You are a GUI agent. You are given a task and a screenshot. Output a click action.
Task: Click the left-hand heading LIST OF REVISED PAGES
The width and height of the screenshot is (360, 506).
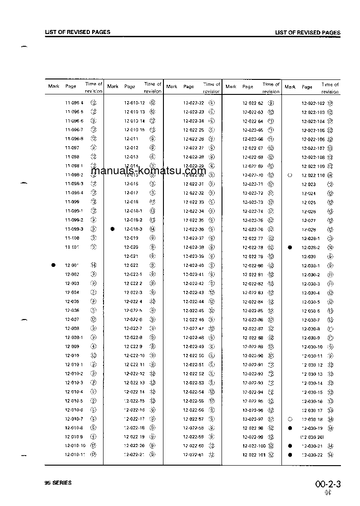tap(78, 32)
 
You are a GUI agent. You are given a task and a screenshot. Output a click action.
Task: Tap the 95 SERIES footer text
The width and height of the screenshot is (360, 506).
tap(58, 483)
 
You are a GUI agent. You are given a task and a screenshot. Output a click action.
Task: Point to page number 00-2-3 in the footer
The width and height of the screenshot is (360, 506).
tap(328, 484)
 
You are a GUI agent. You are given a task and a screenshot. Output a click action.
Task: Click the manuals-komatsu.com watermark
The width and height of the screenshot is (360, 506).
tap(148, 171)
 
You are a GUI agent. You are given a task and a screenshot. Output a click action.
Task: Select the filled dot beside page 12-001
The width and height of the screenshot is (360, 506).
tap(54, 265)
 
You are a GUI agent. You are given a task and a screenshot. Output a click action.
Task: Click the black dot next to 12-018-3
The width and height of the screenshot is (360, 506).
tap(113, 229)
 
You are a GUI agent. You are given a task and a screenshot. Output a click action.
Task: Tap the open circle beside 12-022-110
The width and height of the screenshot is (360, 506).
tap(290, 175)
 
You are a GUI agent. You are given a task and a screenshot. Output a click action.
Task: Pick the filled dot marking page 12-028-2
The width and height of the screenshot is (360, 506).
tap(290, 247)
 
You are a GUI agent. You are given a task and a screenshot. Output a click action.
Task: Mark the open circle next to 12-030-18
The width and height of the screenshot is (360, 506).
tap(290, 419)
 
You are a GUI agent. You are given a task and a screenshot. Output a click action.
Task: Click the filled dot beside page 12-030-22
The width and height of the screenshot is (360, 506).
tap(290, 455)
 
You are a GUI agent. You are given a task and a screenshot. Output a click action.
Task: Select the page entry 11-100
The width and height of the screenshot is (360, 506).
tap(72, 238)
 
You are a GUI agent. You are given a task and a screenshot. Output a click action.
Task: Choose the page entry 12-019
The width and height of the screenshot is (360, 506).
tap(131, 238)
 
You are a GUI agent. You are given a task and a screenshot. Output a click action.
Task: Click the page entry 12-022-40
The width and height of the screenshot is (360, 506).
tap(193, 265)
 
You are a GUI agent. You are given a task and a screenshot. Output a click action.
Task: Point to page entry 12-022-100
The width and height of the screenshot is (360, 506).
tap(254, 446)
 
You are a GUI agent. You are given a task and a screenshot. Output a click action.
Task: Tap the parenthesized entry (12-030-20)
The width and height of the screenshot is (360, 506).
tap(312, 437)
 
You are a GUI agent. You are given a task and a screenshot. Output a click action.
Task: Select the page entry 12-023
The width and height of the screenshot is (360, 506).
tap(309, 184)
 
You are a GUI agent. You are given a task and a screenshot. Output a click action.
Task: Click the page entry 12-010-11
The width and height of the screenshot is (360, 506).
tap(75, 455)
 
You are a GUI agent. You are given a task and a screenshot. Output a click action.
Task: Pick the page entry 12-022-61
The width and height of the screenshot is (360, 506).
tap(193, 455)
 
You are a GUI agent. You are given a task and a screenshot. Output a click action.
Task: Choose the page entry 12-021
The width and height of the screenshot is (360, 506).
tap(131, 256)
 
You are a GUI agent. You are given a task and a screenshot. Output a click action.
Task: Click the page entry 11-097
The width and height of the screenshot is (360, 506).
tap(72, 147)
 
